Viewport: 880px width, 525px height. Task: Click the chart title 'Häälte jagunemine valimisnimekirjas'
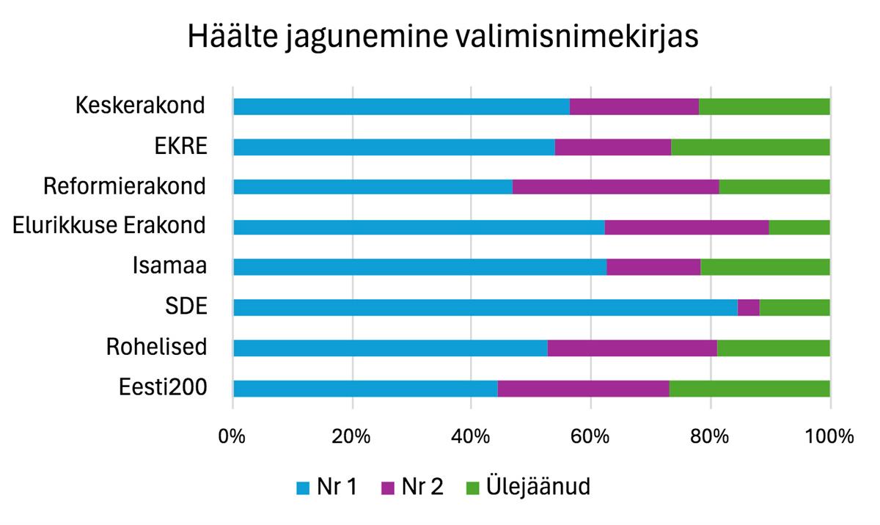pyautogui.click(x=442, y=37)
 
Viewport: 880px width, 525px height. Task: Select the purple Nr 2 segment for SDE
pyautogui.click(x=748, y=307)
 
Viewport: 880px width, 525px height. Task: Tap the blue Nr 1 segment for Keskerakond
pyautogui.click(x=401, y=106)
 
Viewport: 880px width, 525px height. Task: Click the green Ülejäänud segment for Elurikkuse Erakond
pyautogui.click(x=799, y=227)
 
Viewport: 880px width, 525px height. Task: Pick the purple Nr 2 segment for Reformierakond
pyautogui.click(x=615, y=186)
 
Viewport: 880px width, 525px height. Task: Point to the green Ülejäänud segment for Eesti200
pyautogui.click(x=749, y=388)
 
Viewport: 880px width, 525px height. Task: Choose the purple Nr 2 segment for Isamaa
pyautogui.click(x=653, y=267)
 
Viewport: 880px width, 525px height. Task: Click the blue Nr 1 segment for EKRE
pyautogui.click(x=394, y=147)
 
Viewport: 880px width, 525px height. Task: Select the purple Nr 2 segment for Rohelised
pyautogui.click(x=632, y=348)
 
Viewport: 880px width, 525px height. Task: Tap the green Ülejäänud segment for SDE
pyautogui.click(x=795, y=307)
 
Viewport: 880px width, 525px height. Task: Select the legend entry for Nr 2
pyautogui.click(x=412, y=488)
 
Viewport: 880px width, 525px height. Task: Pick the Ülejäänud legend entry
pyautogui.click(x=527, y=488)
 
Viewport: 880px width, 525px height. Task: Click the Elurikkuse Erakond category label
pyautogui.click(x=109, y=226)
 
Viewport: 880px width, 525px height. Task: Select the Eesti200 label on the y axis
pyautogui.click(x=163, y=387)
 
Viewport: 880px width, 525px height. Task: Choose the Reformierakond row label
pyautogui.click(x=125, y=186)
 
